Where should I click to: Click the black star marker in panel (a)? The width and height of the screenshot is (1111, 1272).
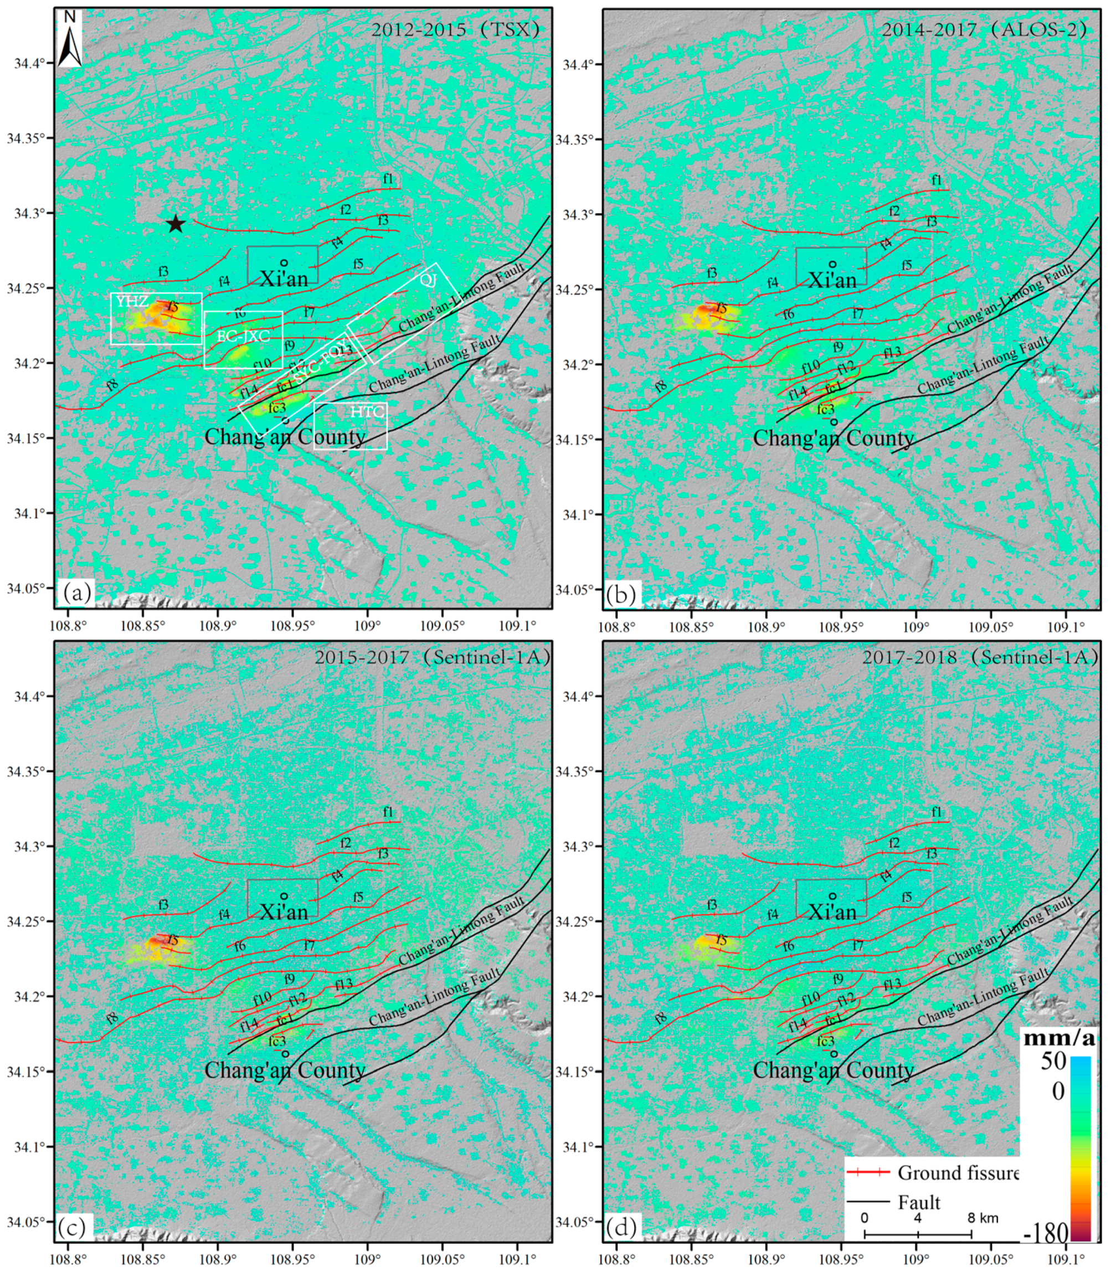point(176,224)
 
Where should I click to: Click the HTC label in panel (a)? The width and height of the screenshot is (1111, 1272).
point(368,411)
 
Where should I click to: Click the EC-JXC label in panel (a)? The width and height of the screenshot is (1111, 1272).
point(243,337)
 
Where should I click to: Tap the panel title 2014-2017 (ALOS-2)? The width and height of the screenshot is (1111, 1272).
point(984,30)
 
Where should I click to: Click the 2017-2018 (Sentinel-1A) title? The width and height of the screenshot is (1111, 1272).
point(980,657)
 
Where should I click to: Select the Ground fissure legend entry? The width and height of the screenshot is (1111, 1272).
point(958,1173)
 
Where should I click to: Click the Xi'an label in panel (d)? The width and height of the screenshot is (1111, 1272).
point(832,912)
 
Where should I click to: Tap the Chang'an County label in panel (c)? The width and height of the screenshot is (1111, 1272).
point(285,1070)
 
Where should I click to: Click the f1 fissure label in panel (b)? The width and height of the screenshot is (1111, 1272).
point(937,181)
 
